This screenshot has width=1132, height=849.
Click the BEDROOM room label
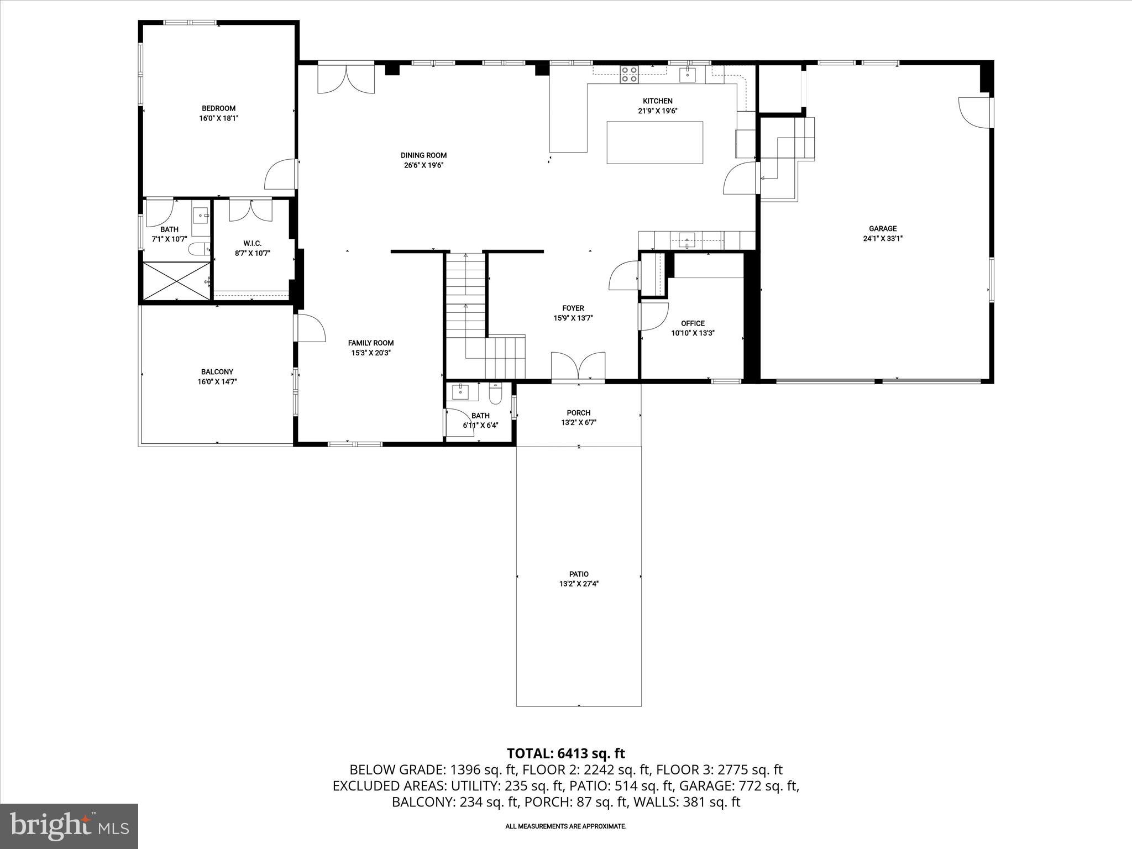pyautogui.click(x=218, y=108)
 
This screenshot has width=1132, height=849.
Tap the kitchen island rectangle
pyautogui.click(x=654, y=143)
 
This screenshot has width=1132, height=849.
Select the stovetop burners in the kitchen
pyautogui.click(x=629, y=74)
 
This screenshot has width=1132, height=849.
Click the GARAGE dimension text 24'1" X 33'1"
pyautogui.click(x=883, y=239)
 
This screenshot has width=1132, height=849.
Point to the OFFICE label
pyautogui.click(x=693, y=323)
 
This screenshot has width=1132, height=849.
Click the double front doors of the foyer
pyautogui.click(x=578, y=365)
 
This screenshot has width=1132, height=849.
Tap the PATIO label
pyautogui.click(x=579, y=574)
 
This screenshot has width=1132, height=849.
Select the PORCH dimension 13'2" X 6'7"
pyautogui.click(x=579, y=422)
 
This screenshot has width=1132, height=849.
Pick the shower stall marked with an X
pyautogui.click(x=176, y=281)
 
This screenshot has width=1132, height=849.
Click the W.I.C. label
pyautogui.click(x=252, y=243)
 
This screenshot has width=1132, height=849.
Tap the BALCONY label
pyautogui.click(x=217, y=372)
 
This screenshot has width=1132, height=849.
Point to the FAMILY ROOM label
pyautogui.click(x=371, y=343)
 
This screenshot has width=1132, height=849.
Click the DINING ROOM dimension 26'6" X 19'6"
pyautogui.click(x=423, y=165)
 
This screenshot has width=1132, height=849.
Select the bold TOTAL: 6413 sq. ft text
pyautogui.click(x=565, y=753)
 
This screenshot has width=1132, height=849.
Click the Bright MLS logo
pyautogui.click(x=69, y=826)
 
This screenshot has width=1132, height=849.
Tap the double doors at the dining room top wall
pyautogui.click(x=346, y=79)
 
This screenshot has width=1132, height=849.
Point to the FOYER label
pyautogui.click(x=573, y=308)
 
